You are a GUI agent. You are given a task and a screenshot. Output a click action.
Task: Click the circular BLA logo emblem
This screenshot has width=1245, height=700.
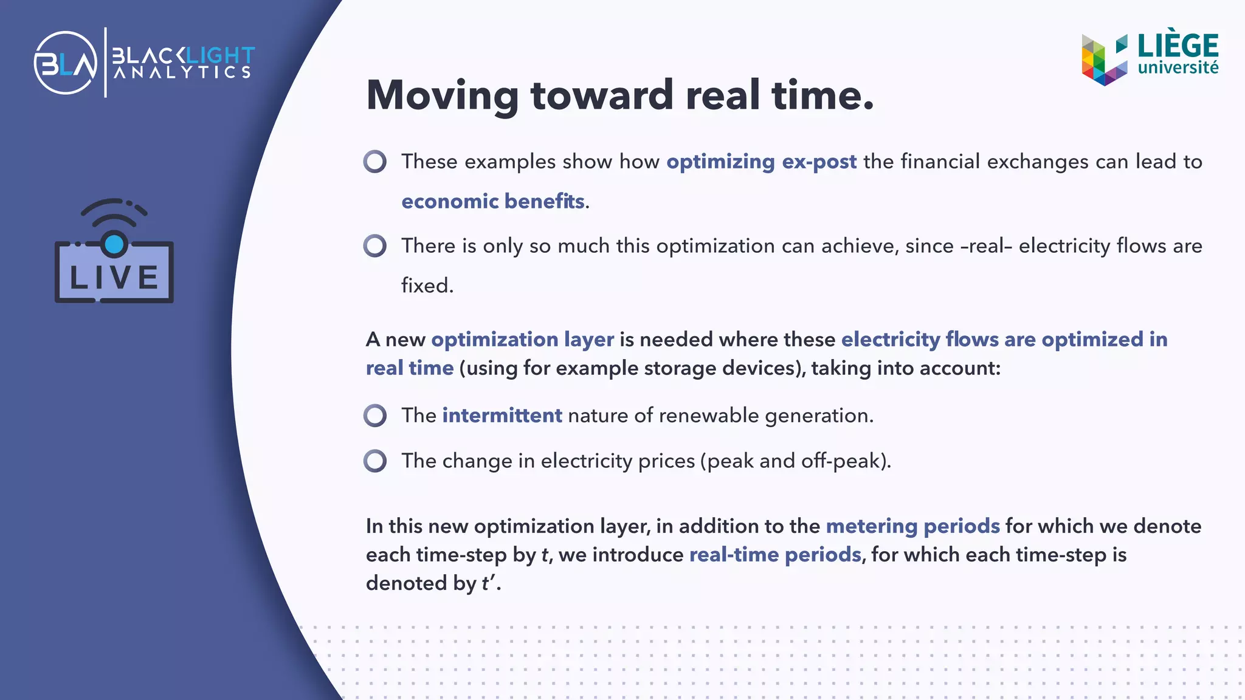pos(66,63)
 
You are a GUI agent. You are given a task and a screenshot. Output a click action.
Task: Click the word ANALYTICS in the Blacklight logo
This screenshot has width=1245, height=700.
pos(182,73)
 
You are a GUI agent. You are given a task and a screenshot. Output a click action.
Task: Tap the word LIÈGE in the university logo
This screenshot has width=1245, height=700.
pos(1178,46)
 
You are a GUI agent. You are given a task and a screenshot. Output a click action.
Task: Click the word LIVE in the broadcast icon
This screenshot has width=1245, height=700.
pos(114,278)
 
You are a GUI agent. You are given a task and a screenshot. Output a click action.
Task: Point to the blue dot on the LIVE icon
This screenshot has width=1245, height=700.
pos(114,244)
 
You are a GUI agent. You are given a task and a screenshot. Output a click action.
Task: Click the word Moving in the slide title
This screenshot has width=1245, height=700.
pos(443,95)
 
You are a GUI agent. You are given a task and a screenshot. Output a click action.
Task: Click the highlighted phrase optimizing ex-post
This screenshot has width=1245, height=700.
pos(761,162)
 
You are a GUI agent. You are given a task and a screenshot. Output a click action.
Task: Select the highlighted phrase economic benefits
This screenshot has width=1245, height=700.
pos(493,201)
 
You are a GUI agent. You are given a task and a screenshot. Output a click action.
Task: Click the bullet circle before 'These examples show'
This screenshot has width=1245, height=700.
pos(375,162)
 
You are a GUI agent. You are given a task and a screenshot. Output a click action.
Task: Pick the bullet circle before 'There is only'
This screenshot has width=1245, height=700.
pos(375,246)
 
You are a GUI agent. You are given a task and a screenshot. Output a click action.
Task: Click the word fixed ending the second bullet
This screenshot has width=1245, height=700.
pos(426,286)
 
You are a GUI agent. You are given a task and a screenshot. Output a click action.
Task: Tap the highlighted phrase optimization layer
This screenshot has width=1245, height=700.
pos(522,339)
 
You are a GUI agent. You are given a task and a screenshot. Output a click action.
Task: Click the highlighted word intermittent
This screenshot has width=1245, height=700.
pos(502,416)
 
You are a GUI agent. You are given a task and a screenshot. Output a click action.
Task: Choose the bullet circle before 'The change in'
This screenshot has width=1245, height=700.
pos(375,461)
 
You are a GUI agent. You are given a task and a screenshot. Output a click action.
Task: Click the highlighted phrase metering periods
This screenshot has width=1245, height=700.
pos(912,526)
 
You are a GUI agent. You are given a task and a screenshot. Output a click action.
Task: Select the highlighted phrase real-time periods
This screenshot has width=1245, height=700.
pos(775,555)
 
